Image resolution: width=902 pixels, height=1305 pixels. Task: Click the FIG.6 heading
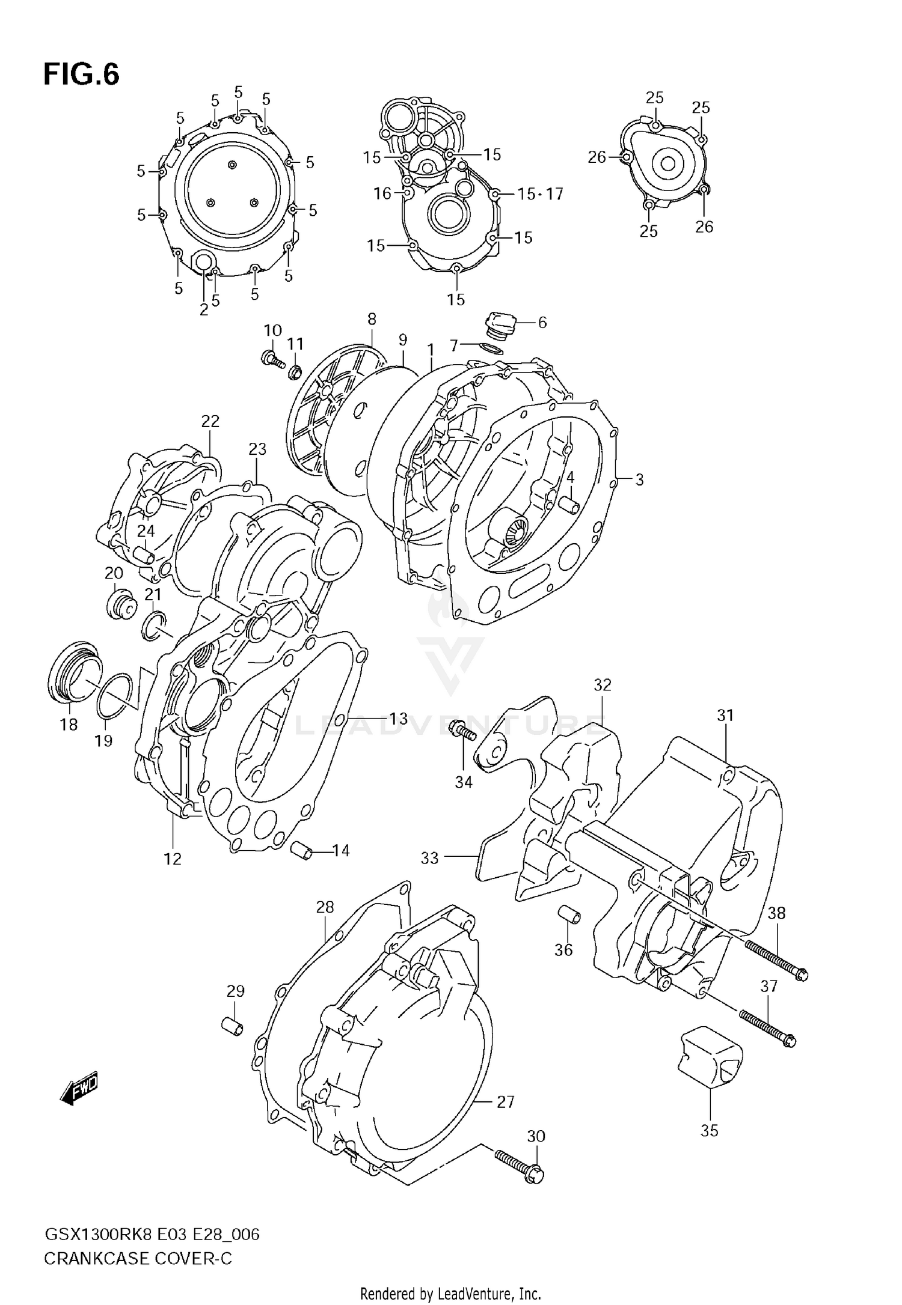coord(81,75)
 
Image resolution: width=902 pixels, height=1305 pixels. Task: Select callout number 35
coord(710,1130)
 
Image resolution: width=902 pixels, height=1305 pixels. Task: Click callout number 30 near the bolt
coord(536,1136)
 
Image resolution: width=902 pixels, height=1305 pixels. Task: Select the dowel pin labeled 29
coord(232,1026)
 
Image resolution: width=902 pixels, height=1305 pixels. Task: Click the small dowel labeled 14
coord(302,851)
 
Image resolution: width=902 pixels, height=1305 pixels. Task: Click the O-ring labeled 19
coord(114,696)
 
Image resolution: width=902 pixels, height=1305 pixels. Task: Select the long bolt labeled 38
coord(776,960)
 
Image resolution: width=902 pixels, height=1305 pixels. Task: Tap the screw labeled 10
coord(272,359)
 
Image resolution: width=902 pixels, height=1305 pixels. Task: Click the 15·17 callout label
coord(540,193)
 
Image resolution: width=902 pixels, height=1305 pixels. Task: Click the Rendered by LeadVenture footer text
coord(450,1294)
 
